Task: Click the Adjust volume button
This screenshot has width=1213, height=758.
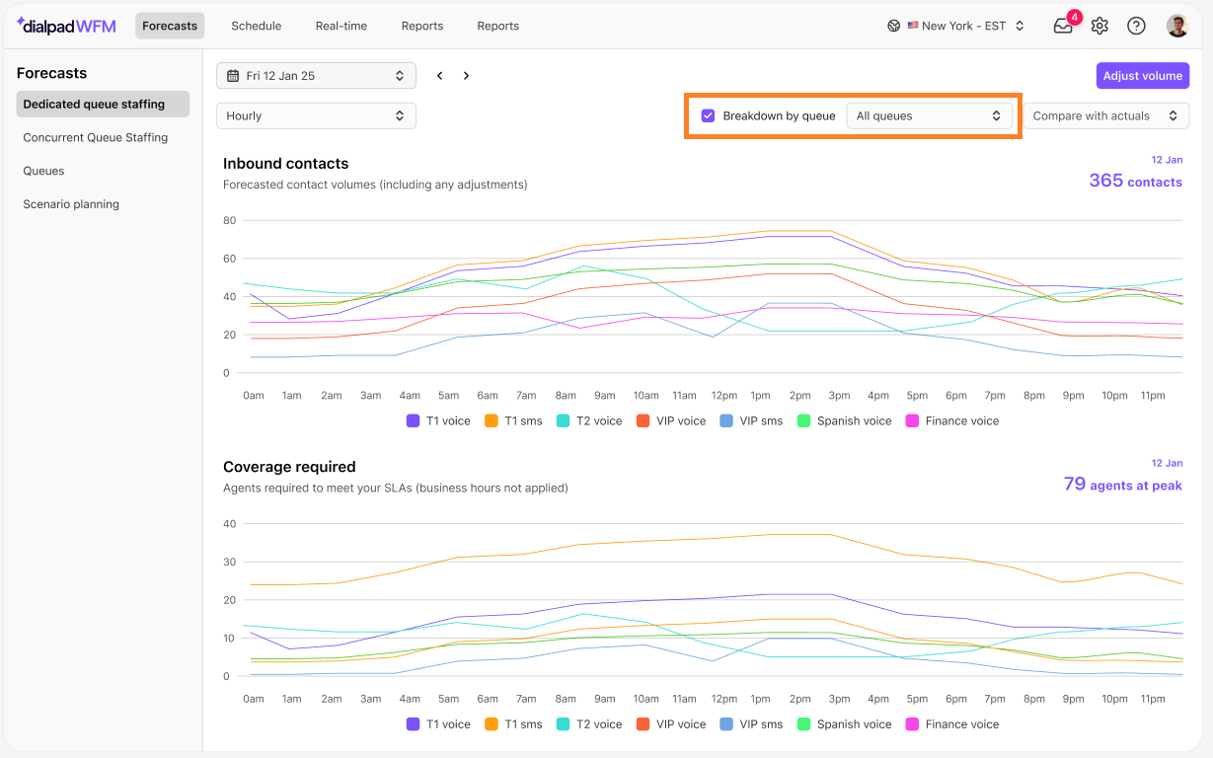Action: click(1143, 76)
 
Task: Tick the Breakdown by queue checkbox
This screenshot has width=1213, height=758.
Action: click(708, 115)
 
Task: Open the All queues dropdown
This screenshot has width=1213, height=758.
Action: click(929, 115)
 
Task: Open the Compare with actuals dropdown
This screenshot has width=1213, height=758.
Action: click(1105, 115)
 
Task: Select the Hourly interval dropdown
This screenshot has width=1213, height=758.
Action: click(316, 115)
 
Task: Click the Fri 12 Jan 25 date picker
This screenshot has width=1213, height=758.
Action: click(316, 76)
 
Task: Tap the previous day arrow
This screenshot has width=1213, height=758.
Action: click(440, 76)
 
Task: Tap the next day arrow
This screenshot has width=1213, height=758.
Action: click(466, 76)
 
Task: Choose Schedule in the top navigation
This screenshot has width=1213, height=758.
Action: click(257, 26)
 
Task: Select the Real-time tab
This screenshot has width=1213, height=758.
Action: click(341, 26)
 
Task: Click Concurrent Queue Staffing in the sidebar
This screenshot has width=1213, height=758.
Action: click(96, 137)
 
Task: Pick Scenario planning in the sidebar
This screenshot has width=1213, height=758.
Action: click(71, 204)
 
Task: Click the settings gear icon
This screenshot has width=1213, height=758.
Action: click(1099, 26)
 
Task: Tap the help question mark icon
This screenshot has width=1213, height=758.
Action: click(1136, 26)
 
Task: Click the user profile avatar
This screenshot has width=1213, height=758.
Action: click(1177, 26)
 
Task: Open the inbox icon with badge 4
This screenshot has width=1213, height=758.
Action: click(1064, 25)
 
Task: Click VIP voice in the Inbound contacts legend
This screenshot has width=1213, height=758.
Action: click(671, 420)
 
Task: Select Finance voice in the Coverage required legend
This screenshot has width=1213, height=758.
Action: click(952, 723)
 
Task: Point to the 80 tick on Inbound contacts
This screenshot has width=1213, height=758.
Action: click(230, 220)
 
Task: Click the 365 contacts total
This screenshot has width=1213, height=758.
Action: click(1136, 181)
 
